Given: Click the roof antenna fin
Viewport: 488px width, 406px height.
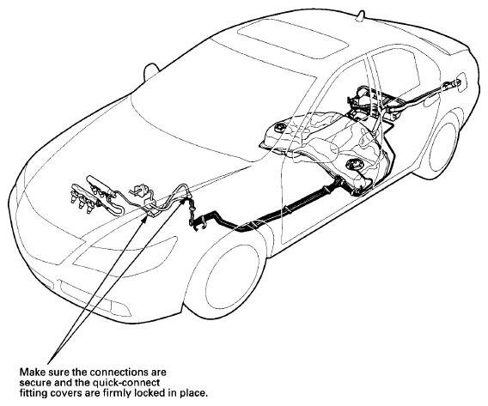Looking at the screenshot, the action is (361, 16).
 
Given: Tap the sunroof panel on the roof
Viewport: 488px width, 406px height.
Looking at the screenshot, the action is (293, 39).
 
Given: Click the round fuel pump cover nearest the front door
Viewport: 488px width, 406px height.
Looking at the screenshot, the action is (353, 163).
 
